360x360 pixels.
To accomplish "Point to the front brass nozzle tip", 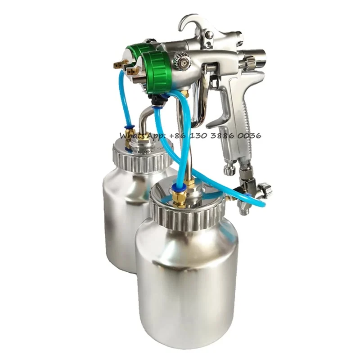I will (132, 71).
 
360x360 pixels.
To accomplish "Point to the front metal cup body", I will (187, 279).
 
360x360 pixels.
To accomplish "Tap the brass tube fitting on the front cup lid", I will (179, 198).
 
